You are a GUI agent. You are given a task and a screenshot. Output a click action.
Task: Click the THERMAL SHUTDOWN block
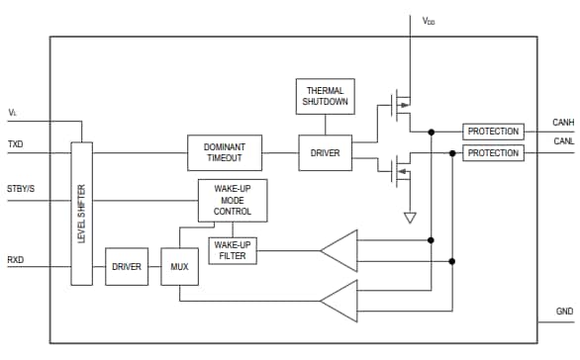click(x=325, y=97)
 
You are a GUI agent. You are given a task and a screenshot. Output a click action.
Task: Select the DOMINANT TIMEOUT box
click(x=225, y=153)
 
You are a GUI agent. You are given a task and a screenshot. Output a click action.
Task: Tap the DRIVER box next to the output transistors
click(x=325, y=153)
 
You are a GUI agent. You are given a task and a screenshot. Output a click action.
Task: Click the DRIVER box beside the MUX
click(x=127, y=266)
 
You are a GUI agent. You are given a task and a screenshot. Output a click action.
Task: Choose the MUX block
click(x=180, y=266)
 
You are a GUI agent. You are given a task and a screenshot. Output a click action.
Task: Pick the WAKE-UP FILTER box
click(x=232, y=251)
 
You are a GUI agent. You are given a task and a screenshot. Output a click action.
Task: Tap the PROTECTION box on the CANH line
click(x=493, y=132)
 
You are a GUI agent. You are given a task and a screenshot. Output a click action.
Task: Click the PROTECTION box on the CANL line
click(x=493, y=153)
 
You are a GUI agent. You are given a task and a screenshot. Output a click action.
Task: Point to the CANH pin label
click(x=561, y=123)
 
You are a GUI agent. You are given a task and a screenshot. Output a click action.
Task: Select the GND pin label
click(x=564, y=312)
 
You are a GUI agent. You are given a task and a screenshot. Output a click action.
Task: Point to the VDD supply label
click(x=429, y=20)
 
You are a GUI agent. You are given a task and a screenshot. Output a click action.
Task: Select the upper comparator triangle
click(x=339, y=250)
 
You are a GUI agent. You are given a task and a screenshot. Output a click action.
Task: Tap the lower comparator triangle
click(x=339, y=302)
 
